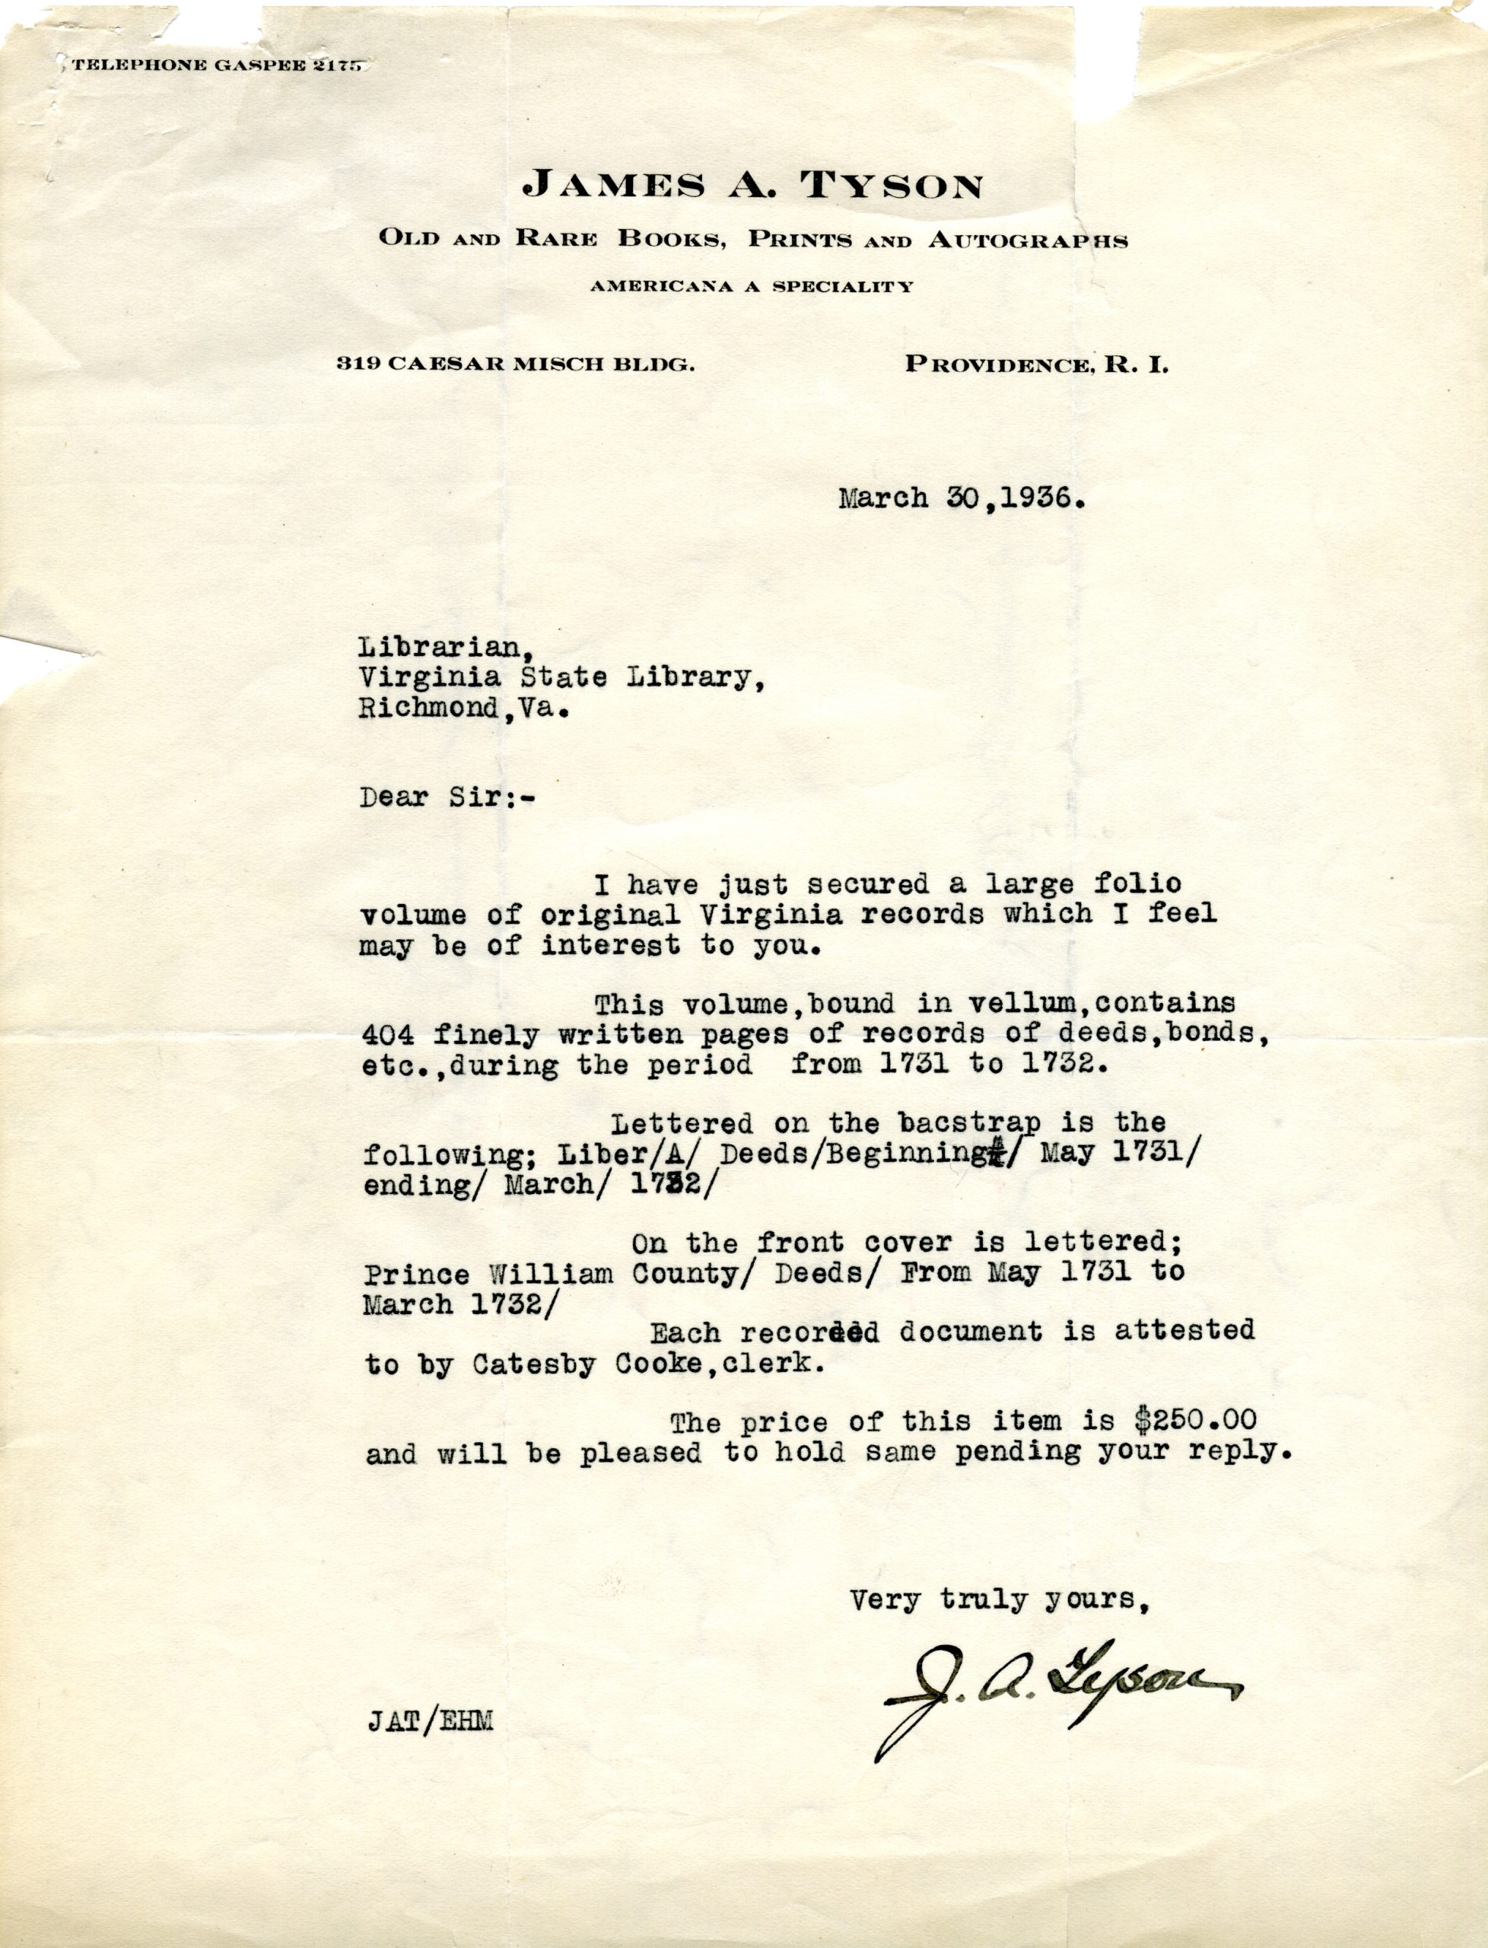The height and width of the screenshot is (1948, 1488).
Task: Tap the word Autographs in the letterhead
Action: pyautogui.click(x=1028, y=239)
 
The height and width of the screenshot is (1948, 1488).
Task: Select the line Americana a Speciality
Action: pyautogui.click(x=752, y=286)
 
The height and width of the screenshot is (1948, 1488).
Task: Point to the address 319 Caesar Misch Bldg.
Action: pyautogui.click(x=514, y=364)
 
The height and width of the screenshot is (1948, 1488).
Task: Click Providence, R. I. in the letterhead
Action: pyautogui.click(x=1035, y=364)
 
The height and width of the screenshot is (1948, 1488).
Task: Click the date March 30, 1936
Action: pyautogui.click(x=962, y=498)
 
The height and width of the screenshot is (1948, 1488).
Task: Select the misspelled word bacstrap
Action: pyautogui.click(x=969, y=1123)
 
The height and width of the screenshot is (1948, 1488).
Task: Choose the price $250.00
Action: pyautogui.click(x=1196, y=1421)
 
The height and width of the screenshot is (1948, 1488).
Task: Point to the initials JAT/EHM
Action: pyautogui.click(x=430, y=1721)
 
